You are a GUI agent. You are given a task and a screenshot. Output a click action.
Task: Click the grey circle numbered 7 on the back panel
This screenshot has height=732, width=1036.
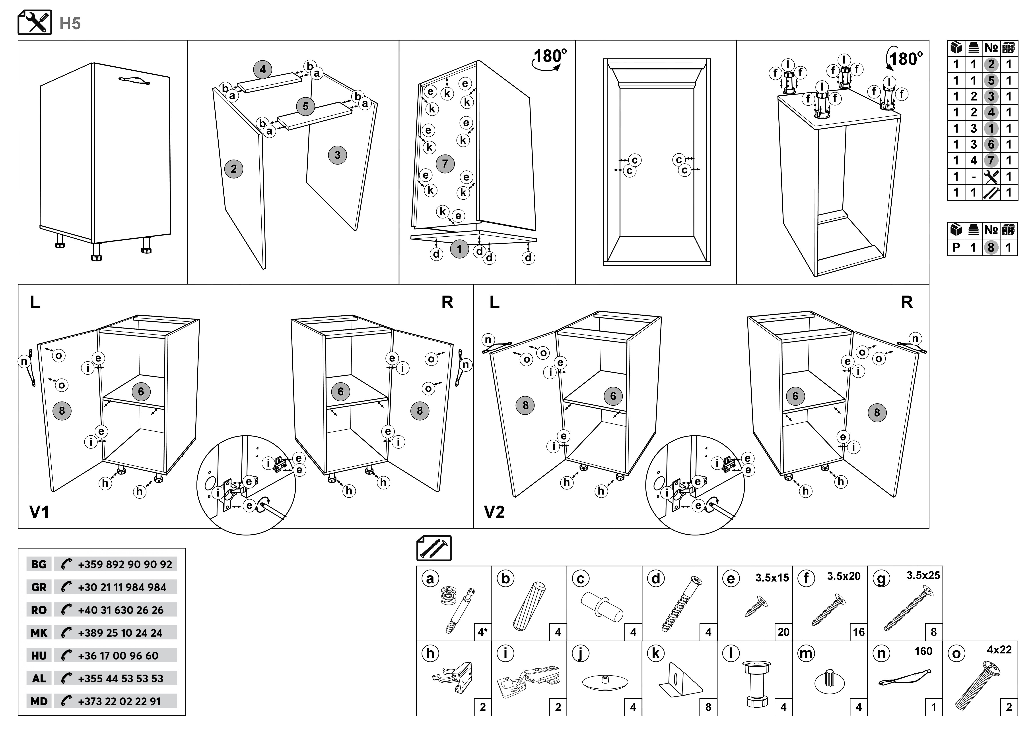point(445,163)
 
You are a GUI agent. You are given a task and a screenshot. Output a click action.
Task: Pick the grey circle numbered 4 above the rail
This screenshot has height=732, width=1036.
point(263,70)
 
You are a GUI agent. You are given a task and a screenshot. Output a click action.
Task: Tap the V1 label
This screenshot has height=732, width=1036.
point(39,512)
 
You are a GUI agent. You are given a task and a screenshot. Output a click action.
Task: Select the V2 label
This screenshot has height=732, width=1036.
point(494,512)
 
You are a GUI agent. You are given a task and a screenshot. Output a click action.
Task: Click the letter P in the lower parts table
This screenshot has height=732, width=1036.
point(956,247)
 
